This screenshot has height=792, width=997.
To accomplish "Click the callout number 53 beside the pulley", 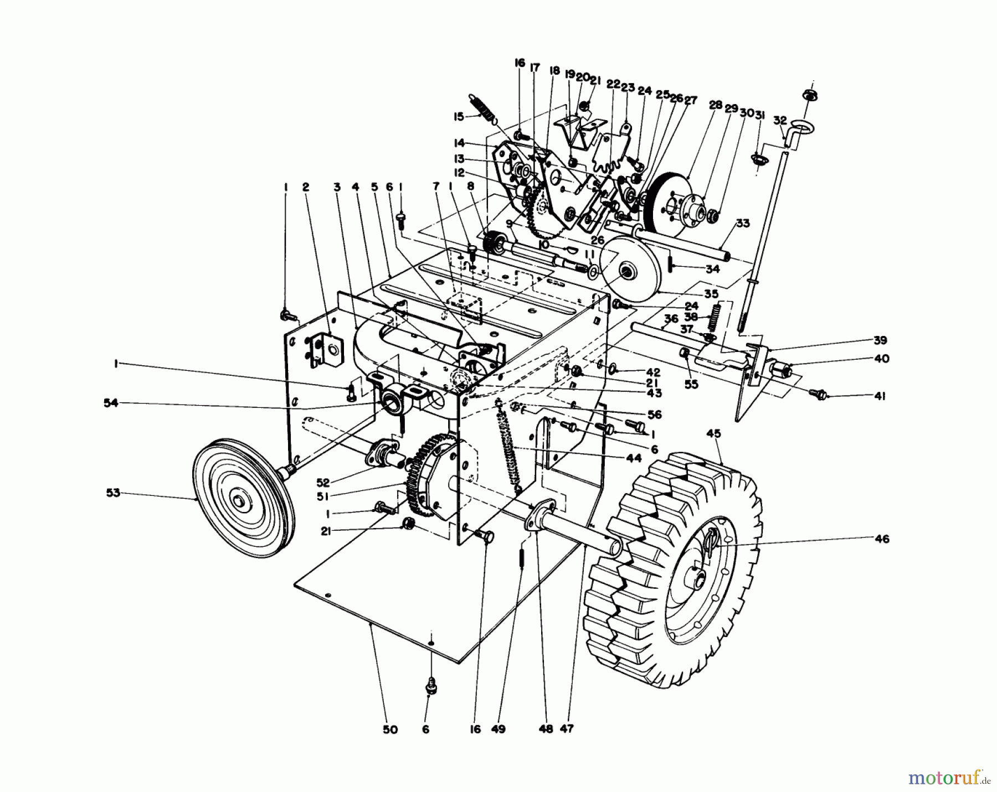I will [x=113, y=493].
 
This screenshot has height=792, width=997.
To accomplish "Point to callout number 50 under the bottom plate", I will [x=390, y=729].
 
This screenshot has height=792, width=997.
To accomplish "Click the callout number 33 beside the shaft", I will [x=743, y=223].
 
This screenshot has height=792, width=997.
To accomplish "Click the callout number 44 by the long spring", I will [x=634, y=458].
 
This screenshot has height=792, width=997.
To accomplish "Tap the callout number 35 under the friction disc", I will [x=711, y=293].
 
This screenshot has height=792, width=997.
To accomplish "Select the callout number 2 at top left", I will [x=305, y=188].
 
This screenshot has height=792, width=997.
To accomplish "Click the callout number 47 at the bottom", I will [x=566, y=729].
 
